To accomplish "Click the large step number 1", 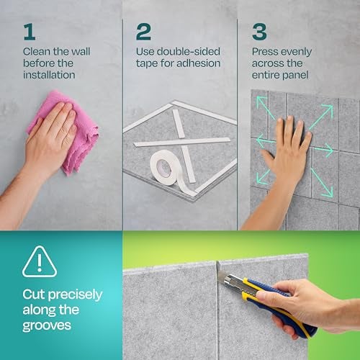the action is click(x=30, y=32).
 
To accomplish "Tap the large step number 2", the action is click(x=143, y=32).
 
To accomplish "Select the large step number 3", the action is click(x=259, y=32).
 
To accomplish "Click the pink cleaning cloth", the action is click(x=65, y=132).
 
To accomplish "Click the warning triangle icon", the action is click(x=40, y=261).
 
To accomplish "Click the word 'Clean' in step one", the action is click(x=37, y=52).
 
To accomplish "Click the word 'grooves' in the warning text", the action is click(x=47, y=326).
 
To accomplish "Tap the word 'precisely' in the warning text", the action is click(x=75, y=295).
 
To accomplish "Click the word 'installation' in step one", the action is click(x=49, y=75).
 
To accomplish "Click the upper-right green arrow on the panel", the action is click(x=321, y=117).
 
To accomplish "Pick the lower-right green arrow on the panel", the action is click(x=322, y=182).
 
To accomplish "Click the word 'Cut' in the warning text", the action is click(x=34, y=294).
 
